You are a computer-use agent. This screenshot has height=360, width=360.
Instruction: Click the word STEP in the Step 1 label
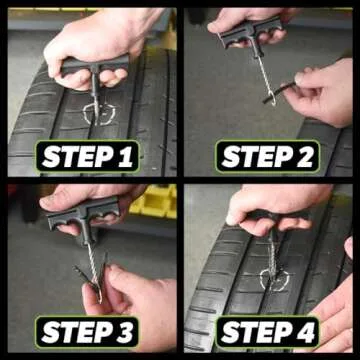coord(75,157)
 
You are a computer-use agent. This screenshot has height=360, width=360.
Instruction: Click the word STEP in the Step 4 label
coord(253,331)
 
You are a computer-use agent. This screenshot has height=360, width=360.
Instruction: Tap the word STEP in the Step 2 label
coord(253,157)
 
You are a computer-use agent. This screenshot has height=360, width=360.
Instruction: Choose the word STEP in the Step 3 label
coord(75,331)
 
